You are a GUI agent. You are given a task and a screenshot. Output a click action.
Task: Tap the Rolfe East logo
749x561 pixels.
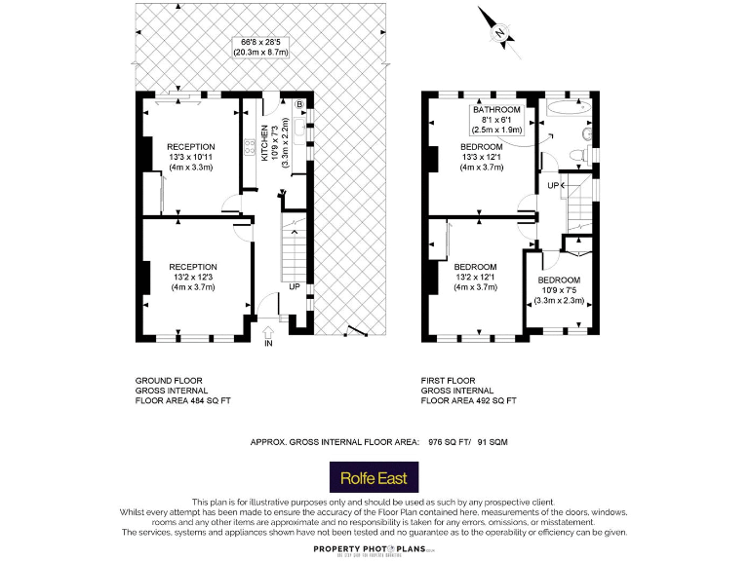380,478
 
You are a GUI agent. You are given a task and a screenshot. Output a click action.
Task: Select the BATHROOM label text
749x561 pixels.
497,110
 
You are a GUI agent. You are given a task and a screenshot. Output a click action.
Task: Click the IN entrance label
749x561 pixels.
268,344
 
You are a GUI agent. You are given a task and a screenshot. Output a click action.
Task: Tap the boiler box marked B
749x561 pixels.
299,103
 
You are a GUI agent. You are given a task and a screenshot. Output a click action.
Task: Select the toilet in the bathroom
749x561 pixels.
587,133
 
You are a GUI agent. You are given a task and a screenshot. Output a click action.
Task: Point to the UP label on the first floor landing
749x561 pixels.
553,185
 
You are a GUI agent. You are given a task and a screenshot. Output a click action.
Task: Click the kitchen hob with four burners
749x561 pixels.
250,148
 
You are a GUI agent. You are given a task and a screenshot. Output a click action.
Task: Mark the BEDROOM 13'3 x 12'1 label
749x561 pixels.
482,157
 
